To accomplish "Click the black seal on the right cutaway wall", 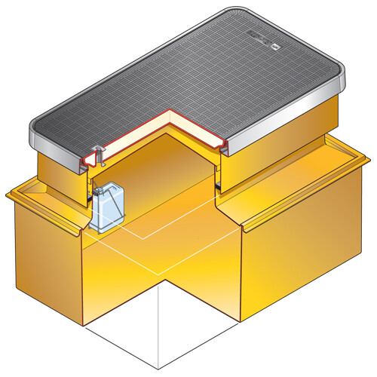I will (x=219, y=184).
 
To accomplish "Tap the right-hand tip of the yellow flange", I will (x=368, y=159).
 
